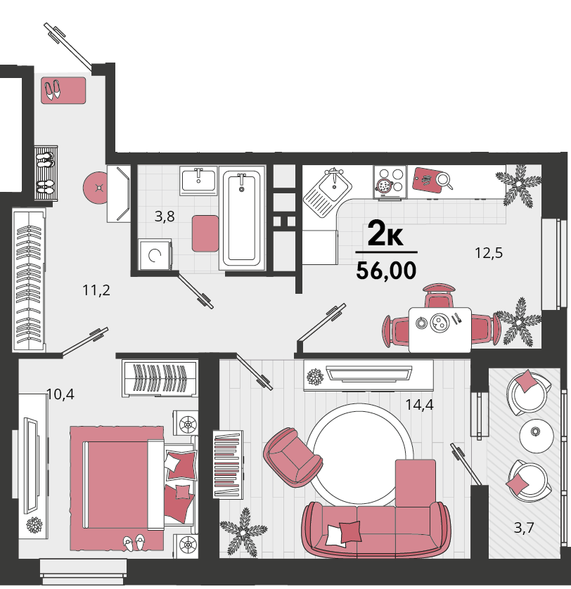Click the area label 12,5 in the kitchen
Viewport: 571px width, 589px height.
[x=488, y=253]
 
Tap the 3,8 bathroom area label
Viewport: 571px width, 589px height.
[x=165, y=216]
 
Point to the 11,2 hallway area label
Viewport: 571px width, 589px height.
[x=96, y=290]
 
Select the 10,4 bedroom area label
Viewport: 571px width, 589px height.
[x=60, y=394]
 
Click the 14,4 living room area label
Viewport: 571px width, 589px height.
[x=419, y=405]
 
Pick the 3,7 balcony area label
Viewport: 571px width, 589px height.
[x=524, y=528]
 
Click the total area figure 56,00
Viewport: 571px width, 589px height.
[x=386, y=271]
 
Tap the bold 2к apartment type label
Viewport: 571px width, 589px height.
[x=385, y=233]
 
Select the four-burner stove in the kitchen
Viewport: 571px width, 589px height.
[x=390, y=182]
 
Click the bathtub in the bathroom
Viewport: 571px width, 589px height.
[x=242, y=218]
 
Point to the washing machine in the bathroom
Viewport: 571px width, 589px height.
[x=155, y=254]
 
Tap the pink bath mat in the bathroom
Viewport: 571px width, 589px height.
[x=205, y=233]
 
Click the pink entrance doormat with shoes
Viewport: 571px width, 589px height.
[x=63, y=91]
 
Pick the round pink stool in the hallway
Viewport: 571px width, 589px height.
[x=97, y=187]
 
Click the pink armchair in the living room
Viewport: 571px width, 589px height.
[x=293, y=457]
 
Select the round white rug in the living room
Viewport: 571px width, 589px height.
[x=360, y=455]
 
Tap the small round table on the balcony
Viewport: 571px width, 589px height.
[x=537, y=436]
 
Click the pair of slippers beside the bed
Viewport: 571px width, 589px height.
[x=134, y=543]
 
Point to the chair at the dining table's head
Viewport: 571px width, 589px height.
[x=439, y=296]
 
